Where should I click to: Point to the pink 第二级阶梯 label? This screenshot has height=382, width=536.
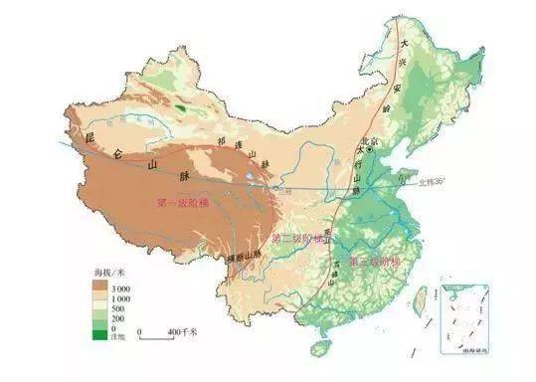click(x=299, y=240)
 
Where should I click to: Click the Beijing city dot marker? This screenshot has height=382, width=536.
click(x=370, y=150)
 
